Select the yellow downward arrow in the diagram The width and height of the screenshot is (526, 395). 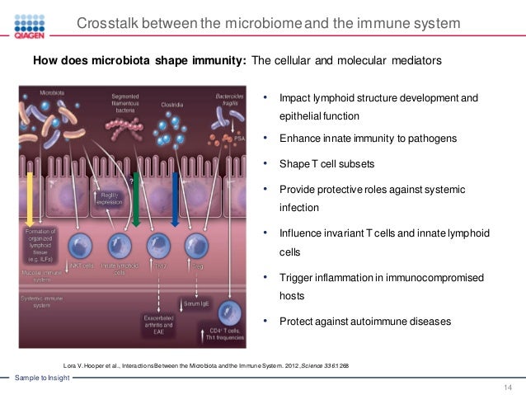[x=31, y=198]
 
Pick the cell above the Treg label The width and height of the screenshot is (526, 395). [x=196, y=246]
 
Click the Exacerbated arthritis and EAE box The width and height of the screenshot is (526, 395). [x=158, y=323]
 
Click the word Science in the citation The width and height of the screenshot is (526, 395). [x=311, y=364]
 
